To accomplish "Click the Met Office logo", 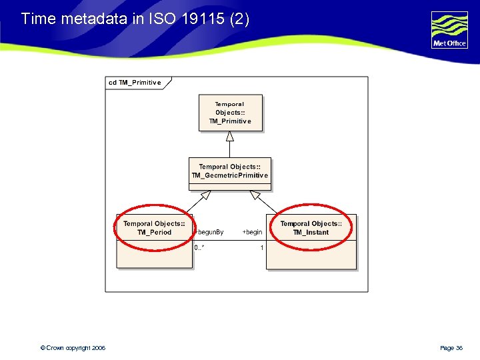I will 449,29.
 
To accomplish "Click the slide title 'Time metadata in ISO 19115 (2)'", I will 135,19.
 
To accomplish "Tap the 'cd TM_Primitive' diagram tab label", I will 136,83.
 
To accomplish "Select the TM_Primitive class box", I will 231,113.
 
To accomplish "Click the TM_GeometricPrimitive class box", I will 230,171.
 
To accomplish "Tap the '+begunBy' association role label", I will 209,232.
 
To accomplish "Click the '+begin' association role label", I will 252,232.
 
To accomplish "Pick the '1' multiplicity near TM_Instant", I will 262,248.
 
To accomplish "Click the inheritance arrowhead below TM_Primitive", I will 230,136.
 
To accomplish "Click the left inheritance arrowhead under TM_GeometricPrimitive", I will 205,195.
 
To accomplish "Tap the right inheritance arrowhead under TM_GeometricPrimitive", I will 255,195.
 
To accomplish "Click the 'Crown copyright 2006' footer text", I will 73,348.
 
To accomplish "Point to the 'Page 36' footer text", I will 451,348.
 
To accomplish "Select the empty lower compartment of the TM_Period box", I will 154,254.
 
